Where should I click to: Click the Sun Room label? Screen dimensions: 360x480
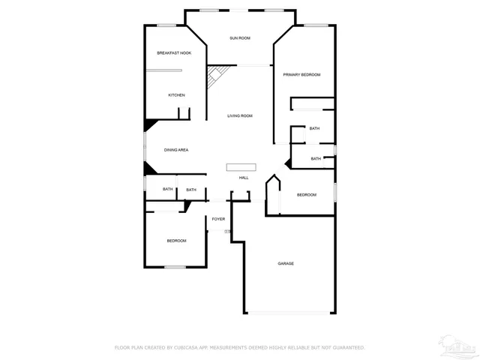[240, 37]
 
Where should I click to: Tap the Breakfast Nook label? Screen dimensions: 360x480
[174, 53]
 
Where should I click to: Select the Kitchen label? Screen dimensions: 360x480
[176, 95]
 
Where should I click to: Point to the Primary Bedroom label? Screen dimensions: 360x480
[301, 75]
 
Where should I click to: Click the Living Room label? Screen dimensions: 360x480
[240, 116]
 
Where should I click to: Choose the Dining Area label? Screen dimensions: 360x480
[176, 150]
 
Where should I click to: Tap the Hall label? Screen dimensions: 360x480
[244, 178]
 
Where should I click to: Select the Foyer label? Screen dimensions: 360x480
[218, 219]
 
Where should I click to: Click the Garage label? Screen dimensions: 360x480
[286, 263]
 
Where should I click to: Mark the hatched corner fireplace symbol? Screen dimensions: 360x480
[216, 74]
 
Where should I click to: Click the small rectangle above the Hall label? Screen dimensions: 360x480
[241, 167]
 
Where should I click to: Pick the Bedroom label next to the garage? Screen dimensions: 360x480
[307, 195]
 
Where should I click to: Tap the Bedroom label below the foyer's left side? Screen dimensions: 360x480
[176, 241]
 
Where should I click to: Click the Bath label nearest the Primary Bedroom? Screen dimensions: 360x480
[314, 128]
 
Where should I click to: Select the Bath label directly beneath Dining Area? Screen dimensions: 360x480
[168, 190]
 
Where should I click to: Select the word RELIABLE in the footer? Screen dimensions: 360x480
[301, 348]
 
